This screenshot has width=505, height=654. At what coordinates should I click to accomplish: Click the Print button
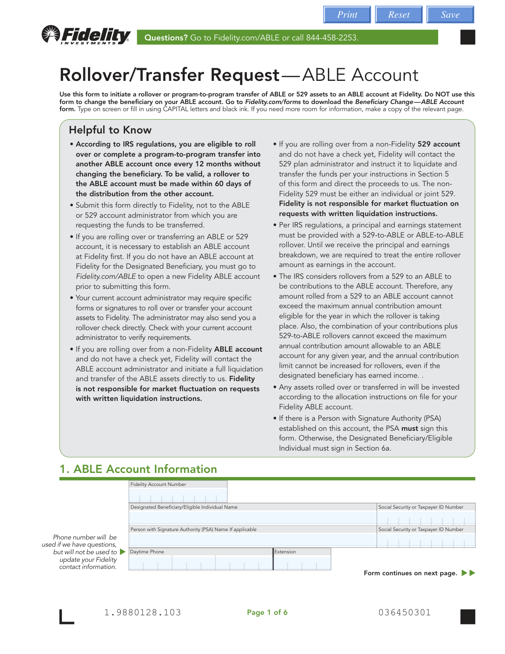[347, 15]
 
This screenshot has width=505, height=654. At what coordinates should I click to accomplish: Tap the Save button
[450, 15]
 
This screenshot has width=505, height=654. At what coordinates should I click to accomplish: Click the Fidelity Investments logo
[86, 35]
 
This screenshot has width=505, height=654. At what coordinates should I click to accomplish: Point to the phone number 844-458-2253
[331, 37]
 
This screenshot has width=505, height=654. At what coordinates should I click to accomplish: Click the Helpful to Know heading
[110, 130]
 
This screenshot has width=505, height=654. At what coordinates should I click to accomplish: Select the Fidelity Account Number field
[178, 495]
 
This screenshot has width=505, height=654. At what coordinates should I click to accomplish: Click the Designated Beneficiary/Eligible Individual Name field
[252, 518]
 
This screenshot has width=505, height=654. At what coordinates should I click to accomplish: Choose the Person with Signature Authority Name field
[252, 540]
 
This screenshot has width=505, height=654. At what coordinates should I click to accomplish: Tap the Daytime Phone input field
[200, 563]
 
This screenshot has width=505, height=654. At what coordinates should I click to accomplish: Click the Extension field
[302, 563]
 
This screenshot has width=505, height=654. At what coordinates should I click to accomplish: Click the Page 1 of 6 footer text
[267, 612]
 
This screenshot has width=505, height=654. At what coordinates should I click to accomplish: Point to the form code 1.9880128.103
[143, 612]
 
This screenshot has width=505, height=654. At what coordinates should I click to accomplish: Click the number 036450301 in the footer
[405, 612]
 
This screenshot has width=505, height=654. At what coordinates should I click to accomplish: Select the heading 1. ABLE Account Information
[138, 469]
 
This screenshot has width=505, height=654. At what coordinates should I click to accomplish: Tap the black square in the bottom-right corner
[468, 617]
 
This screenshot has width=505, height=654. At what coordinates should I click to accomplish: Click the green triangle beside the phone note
[122, 552]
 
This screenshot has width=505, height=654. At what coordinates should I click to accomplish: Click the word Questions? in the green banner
[166, 37]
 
